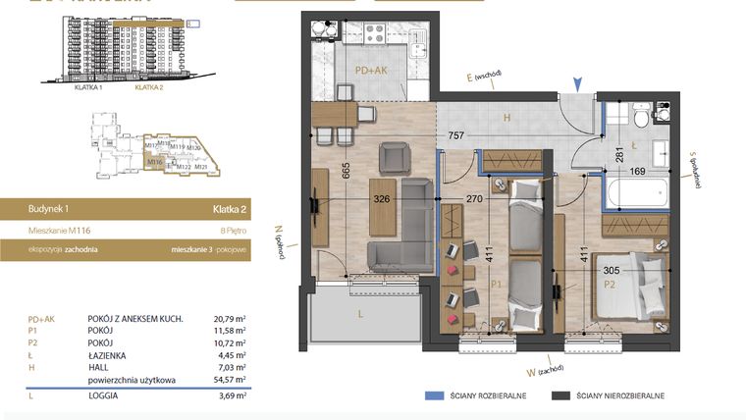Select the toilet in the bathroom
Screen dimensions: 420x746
click(640, 117)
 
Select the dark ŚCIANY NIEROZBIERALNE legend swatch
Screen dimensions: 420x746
click(561, 395)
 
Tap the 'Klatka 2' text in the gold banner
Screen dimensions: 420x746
click(228, 208)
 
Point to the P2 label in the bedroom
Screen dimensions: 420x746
click(609, 286)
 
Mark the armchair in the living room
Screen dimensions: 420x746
click(397, 157)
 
